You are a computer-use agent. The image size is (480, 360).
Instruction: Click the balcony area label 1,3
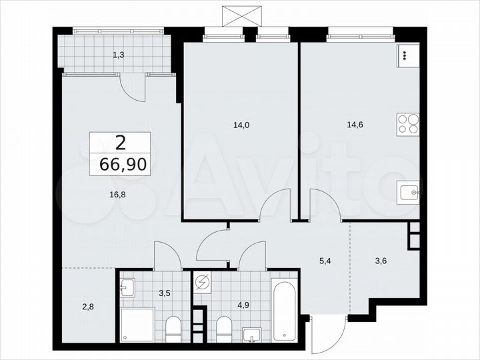118,55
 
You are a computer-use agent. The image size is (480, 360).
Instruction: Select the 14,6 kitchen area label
355,124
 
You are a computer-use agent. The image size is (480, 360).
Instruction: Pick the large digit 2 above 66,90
120,142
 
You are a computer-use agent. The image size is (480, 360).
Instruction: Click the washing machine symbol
202,282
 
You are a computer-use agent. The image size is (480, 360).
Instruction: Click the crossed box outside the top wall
238,15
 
